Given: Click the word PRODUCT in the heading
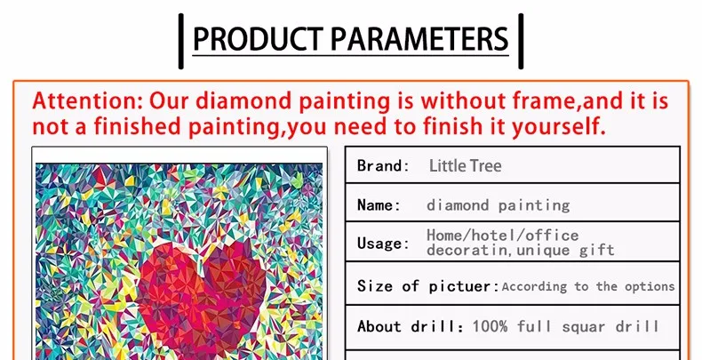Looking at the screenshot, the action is tap(258, 38).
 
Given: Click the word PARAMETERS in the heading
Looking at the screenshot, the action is tap(419, 38).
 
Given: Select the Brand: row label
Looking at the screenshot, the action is tap(383, 165).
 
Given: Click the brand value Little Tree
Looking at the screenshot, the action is tap(465, 165).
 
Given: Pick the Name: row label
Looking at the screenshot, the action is tap(379, 205).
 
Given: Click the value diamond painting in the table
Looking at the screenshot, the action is tap(499, 205).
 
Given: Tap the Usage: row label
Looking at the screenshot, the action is tap(383, 244).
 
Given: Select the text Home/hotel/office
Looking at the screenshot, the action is tap(502, 235).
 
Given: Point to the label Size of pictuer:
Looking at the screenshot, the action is tap(428, 286).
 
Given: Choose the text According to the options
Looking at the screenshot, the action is tap(588, 286).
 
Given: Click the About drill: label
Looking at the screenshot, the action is tap(411, 326).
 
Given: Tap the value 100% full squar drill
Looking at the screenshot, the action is tap(565, 326).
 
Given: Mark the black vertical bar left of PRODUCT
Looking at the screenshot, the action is tap(181, 41).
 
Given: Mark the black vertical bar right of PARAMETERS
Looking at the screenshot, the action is tap(521, 41).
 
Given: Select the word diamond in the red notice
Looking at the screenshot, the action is tap(245, 100).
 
